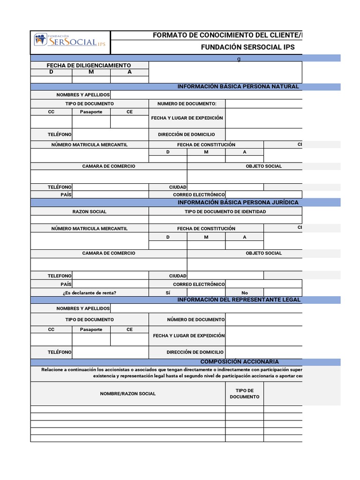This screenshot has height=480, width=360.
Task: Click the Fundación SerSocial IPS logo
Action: [70, 41]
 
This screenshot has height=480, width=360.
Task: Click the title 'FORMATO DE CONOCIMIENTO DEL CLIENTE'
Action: [227, 36]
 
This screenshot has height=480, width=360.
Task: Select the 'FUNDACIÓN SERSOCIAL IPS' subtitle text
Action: [247, 47]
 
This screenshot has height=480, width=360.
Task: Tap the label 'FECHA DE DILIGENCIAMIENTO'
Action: [89, 65]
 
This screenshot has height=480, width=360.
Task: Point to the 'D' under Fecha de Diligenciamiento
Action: [51, 72]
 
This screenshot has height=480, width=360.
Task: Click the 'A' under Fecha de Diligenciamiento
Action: [129, 72]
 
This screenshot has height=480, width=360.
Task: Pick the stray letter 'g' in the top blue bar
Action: [239, 58]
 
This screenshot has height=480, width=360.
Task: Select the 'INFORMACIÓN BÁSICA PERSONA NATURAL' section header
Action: [238, 87]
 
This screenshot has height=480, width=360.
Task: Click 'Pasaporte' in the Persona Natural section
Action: [91, 112]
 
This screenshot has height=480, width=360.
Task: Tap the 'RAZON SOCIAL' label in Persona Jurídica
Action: [89, 211]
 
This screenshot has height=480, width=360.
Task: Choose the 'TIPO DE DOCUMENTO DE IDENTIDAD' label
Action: [225, 211]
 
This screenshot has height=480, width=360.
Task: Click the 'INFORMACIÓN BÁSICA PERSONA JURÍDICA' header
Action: [238, 202]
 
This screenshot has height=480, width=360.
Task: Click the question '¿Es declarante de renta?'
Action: [89, 292]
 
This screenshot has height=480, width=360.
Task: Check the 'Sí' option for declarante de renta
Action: [168, 292]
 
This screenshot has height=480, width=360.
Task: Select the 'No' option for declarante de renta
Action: [244, 292]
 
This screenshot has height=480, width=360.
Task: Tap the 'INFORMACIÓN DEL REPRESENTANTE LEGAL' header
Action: [239, 300]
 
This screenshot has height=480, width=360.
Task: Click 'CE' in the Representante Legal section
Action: [129, 330]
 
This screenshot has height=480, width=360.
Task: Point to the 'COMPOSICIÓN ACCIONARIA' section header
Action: [240, 362]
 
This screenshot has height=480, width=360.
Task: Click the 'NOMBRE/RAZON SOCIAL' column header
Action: [127, 393]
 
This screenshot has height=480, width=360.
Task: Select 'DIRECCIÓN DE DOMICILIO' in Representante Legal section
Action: [195, 352]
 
